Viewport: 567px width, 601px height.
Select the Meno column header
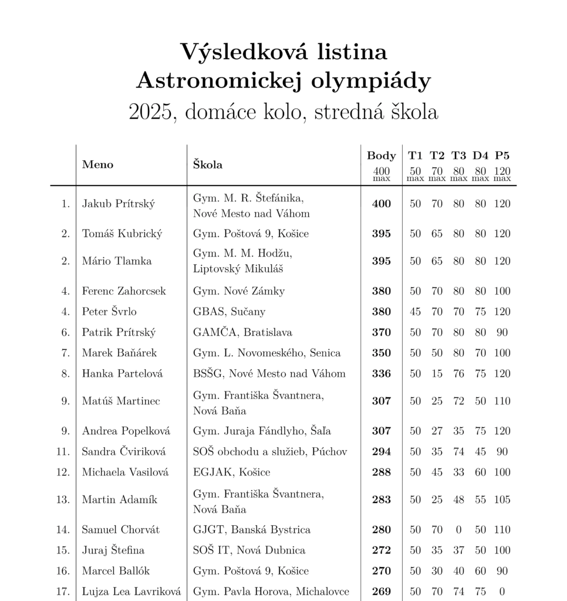(x=97, y=164)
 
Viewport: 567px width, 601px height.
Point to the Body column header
(x=382, y=156)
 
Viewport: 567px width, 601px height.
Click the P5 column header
(x=502, y=156)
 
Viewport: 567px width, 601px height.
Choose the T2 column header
(x=437, y=156)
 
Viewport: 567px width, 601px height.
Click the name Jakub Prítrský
(x=119, y=204)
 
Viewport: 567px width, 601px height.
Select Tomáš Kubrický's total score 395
(x=382, y=234)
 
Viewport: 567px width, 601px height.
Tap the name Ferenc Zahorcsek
(x=124, y=291)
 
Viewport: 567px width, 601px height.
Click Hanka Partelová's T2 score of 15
(x=437, y=374)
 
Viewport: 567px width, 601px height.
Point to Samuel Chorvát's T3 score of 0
(x=458, y=530)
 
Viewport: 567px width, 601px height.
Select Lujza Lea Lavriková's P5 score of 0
(x=502, y=592)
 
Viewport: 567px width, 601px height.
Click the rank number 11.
(x=63, y=452)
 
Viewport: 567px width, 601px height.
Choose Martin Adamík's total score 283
(x=382, y=500)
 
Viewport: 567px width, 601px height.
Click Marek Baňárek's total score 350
(x=382, y=353)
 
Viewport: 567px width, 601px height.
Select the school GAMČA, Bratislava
(x=242, y=333)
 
